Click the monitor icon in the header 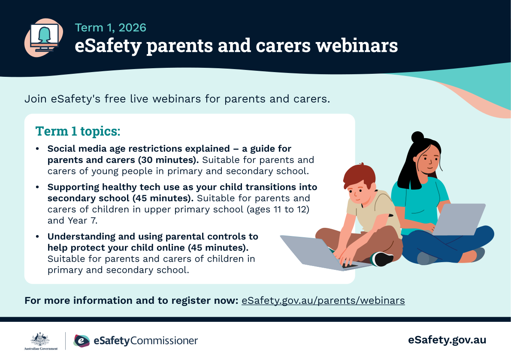click(44, 37)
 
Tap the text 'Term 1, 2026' click(110, 28)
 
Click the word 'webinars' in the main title click(357, 45)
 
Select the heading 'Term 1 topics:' click(78, 131)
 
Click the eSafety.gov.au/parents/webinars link click(323, 300)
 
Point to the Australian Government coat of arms click(40, 339)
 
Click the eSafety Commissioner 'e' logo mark click(82, 341)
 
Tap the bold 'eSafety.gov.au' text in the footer click(447, 340)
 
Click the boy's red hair click(359, 176)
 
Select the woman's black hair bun click(417, 137)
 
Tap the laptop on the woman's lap click(458, 219)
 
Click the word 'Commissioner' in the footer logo click(164, 341)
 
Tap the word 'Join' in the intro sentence click(36, 99)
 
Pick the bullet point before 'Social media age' click(37, 148)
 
